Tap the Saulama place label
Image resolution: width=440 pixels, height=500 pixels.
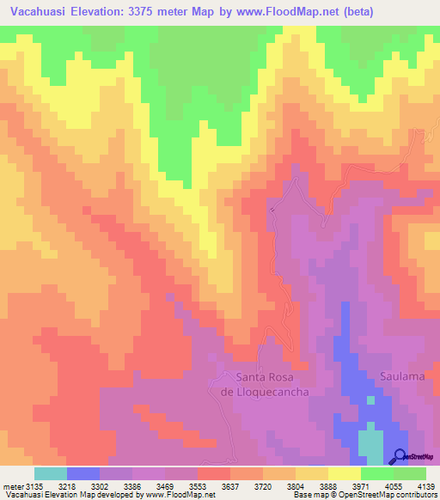(399, 376)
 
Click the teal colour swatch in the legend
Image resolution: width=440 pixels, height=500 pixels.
(51, 473)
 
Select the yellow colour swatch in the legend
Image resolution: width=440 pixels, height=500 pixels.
(345, 473)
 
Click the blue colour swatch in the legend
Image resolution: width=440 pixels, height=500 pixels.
(83, 473)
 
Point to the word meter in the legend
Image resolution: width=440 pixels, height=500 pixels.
(13, 486)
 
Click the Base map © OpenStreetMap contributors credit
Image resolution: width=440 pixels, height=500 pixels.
(364, 496)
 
